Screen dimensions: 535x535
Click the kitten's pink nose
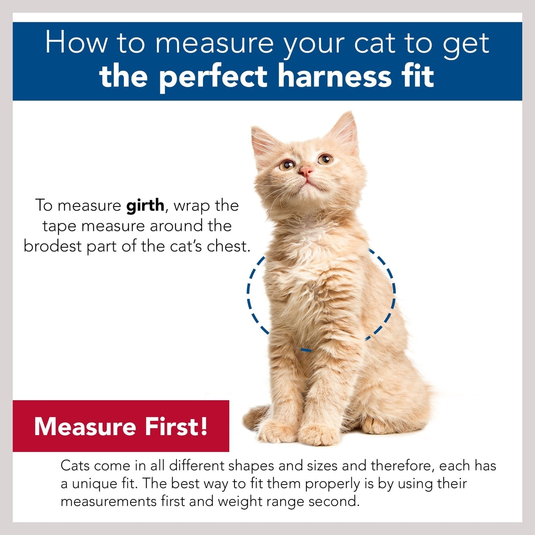tap(305, 171)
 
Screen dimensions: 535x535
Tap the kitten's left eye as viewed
tap(287, 165)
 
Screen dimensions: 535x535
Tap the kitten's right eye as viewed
tap(325, 159)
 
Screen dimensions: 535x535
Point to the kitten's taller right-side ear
tap(344, 131)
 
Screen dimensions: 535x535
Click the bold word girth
tap(145, 206)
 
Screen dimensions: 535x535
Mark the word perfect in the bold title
tap(214, 77)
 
